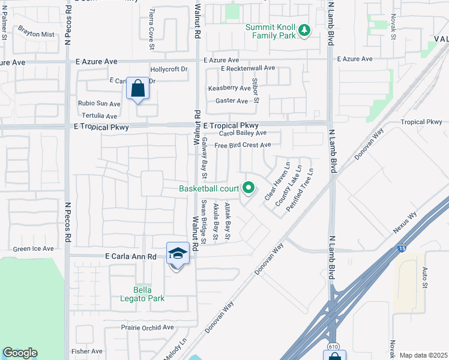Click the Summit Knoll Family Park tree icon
[x=304, y=29]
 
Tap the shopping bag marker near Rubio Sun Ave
[x=138, y=89]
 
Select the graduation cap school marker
[x=178, y=254]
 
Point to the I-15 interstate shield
[x=400, y=248]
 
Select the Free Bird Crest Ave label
[x=243, y=145]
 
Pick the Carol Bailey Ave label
[x=243, y=133]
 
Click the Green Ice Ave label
[x=34, y=248]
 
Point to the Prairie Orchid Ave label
[x=147, y=328]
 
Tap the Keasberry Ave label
[x=229, y=88]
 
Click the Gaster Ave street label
[x=232, y=101]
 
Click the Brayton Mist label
[x=36, y=34]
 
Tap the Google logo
[x=20, y=353]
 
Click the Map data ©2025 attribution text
[x=424, y=355]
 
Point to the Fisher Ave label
[x=87, y=351]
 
